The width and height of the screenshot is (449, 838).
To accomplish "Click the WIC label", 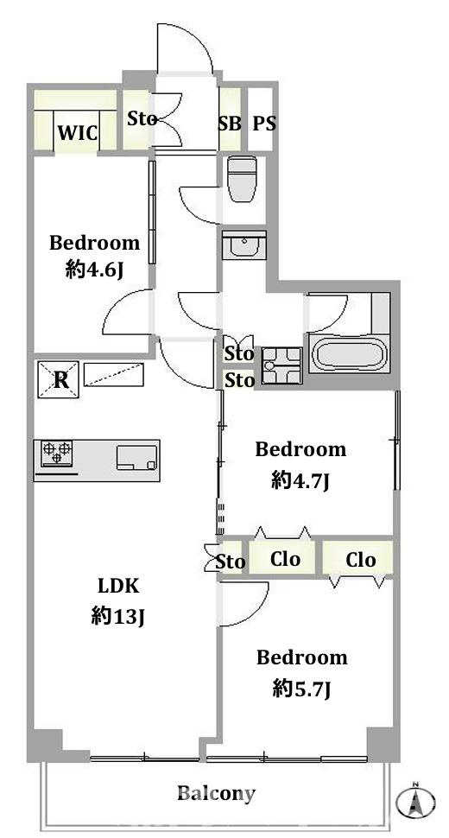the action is [78, 132].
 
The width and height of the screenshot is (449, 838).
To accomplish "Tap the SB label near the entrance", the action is [229, 124].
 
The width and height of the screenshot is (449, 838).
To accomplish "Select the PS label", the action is [264, 124].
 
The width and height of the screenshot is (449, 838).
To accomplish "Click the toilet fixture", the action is [242, 179].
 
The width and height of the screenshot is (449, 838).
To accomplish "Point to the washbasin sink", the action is [244, 245].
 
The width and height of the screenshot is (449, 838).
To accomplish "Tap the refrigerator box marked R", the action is [58, 379].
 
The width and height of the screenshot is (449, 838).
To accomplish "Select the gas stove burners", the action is [57, 454].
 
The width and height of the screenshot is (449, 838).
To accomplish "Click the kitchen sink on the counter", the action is [137, 458].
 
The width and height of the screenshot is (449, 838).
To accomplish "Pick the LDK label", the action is [117, 587].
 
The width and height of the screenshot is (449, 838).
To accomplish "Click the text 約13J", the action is [118, 618].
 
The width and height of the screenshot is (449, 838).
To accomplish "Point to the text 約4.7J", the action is [299, 481].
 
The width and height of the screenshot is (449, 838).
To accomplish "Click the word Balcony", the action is [216, 793].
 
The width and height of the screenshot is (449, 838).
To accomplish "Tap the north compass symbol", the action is [415, 800].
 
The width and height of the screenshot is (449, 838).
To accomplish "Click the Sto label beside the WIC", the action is [142, 118].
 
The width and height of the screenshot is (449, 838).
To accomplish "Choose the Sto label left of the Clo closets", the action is [231, 562].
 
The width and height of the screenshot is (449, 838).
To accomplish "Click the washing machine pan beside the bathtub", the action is [281, 365].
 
